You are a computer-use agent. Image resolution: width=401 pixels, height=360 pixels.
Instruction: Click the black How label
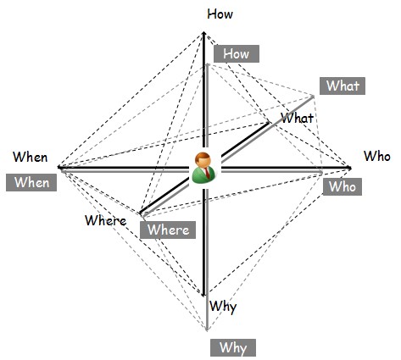click(220, 14)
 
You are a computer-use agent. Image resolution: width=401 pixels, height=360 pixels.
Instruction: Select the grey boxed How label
click(237, 53)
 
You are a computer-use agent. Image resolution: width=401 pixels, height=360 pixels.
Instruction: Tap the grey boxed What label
click(343, 86)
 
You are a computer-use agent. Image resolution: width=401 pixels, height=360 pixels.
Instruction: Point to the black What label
click(297, 118)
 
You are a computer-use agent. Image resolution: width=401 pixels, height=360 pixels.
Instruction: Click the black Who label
click(377, 156)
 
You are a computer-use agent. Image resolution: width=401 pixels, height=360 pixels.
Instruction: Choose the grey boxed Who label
click(343, 186)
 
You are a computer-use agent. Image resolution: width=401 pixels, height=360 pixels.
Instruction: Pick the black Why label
click(223, 307)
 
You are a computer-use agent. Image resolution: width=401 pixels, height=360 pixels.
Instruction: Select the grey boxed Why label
click(233, 347)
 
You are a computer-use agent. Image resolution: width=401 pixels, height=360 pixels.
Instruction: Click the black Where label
click(106, 220)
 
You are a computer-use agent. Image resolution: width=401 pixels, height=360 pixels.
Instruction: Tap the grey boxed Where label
click(168, 230)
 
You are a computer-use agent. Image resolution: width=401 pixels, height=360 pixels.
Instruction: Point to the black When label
click(31, 157)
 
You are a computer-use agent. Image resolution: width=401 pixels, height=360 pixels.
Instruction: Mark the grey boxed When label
click(31, 182)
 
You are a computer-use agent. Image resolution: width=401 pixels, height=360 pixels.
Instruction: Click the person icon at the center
click(204, 168)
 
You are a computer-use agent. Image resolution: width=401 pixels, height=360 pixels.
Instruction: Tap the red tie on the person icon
click(208, 173)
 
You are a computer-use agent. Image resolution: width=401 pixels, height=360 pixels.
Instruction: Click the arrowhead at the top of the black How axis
click(203, 33)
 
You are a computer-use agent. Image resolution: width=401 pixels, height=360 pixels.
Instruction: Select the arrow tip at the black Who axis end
click(350, 169)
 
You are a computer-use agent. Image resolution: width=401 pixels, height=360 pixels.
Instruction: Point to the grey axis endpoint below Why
click(207, 330)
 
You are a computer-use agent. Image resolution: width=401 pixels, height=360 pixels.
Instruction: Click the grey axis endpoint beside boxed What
click(313, 97)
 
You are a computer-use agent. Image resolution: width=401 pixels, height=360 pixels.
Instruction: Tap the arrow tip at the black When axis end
click(58, 167)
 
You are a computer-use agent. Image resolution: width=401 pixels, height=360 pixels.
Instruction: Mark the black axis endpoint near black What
click(270, 122)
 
